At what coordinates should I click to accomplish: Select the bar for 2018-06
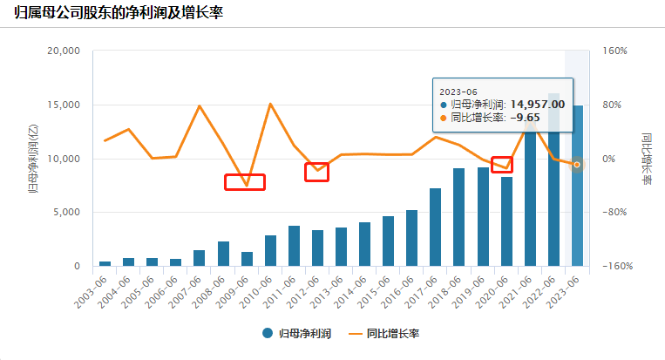pyautogui.click(x=459, y=217)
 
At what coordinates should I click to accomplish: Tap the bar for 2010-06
pyautogui.click(x=270, y=250)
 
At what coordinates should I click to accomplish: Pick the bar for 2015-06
pyautogui.click(x=388, y=241)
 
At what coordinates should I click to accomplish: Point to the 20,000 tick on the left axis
pyautogui.click(x=62, y=51)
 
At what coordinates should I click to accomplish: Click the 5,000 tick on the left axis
pyautogui.click(x=65, y=212)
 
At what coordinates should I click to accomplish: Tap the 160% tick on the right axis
pyautogui.click(x=614, y=51)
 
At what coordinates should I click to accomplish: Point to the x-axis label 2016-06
pyautogui.click(x=400, y=289)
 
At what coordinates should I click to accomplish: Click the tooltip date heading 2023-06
pyautogui.click(x=459, y=90)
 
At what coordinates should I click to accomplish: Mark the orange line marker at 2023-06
pyautogui.click(x=577, y=165)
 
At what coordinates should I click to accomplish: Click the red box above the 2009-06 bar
pyautogui.click(x=244, y=181)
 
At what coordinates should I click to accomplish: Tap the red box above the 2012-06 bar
pyautogui.click(x=316, y=172)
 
